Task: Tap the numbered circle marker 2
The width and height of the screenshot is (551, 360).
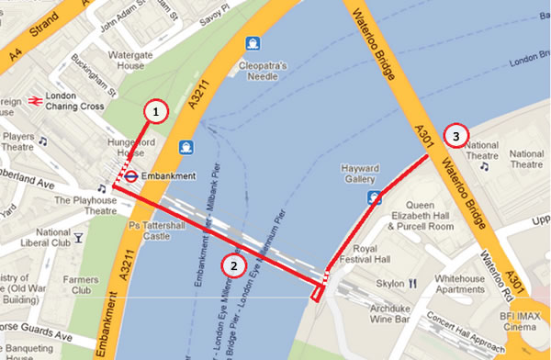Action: coord(235,266)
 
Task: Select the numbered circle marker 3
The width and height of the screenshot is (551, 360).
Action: coord(456,136)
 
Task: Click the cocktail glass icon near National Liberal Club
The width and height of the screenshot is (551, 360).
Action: coord(79,238)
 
